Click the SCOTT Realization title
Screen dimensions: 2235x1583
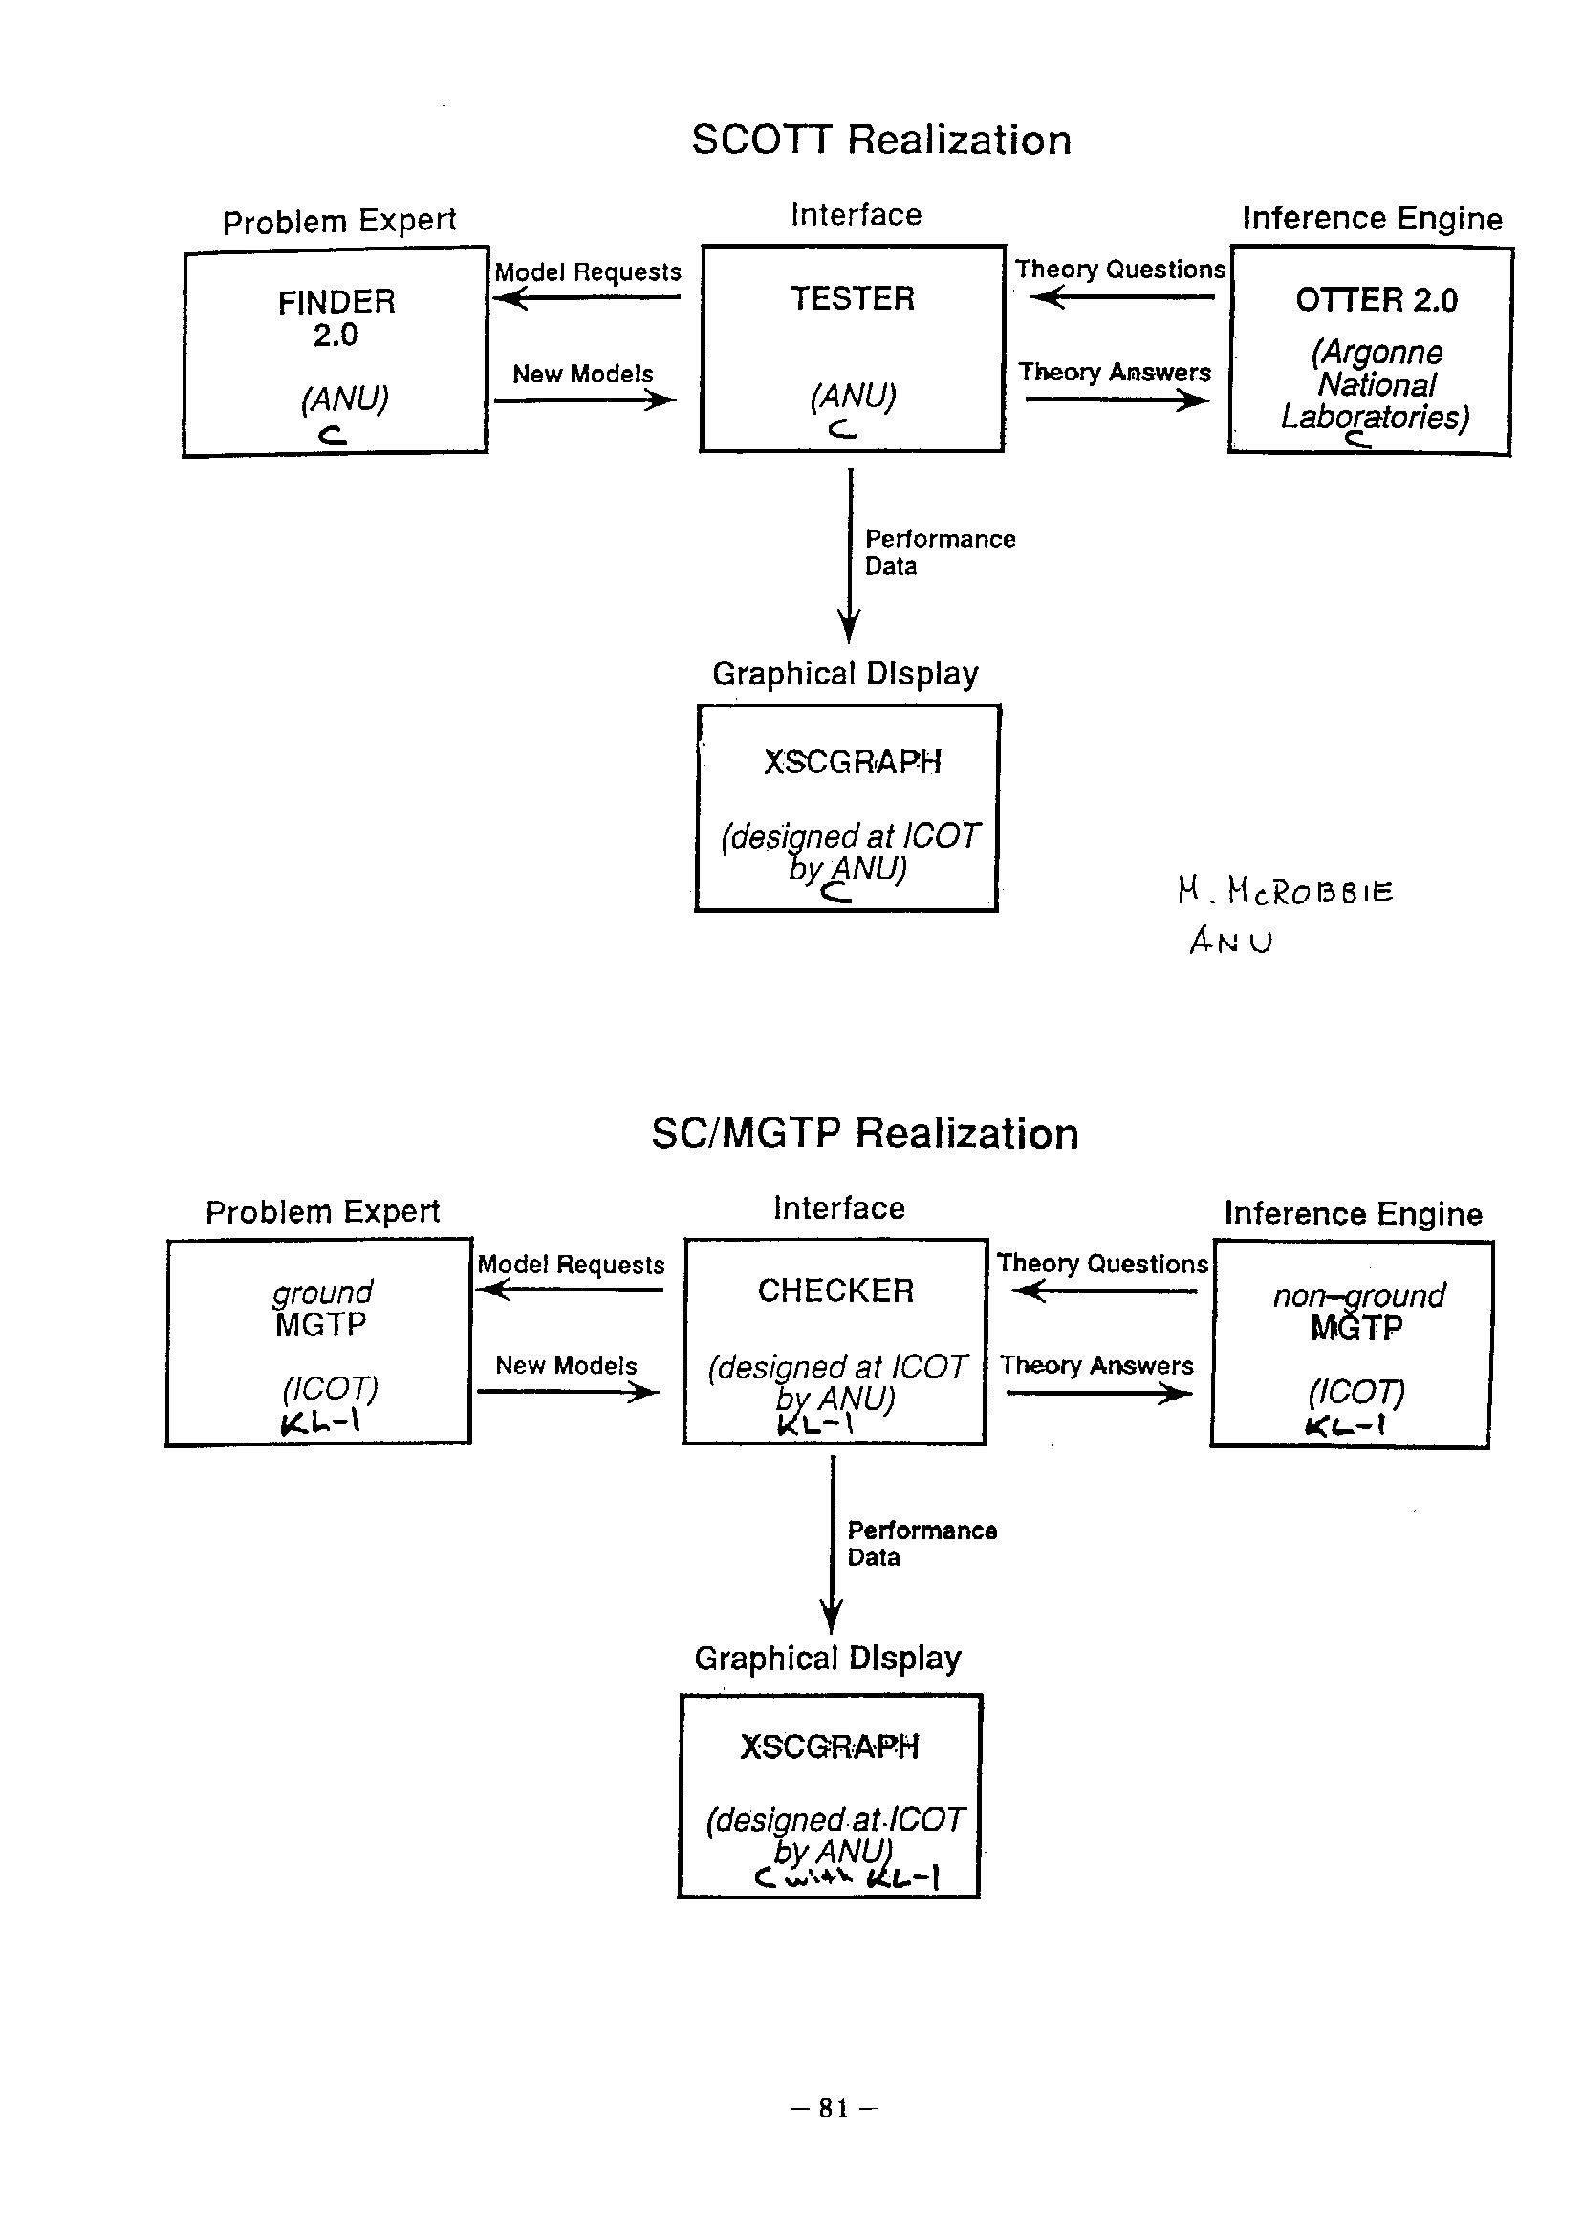(x=881, y=140)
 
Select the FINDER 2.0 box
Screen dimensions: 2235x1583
(x=336, y=352)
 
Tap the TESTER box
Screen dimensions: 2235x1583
(x=852, y=348)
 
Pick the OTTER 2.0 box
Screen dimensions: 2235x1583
(x=1371, y=351)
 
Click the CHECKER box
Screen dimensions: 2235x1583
(x=835, y=1341)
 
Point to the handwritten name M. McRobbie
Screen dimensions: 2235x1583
(x=1285, y=891)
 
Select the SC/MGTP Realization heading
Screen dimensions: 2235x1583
(x=864, y=1134)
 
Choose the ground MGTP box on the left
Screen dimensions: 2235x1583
(x=319, y=1342)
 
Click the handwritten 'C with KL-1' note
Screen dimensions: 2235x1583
(x=846, y=1877)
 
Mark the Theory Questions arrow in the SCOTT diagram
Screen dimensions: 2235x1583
(x=1121, y=296)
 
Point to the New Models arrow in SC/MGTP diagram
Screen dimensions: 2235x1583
(x=567, y=1392)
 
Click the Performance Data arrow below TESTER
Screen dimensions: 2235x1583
(x=850, y=555)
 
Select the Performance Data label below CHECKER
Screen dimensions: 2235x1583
(x=922, y=1543)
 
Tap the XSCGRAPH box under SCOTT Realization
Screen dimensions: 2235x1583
(x=848, y=807)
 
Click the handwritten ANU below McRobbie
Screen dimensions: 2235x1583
(x=1230, y=942)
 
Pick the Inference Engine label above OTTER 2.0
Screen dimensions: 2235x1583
(x=1372, y=218)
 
